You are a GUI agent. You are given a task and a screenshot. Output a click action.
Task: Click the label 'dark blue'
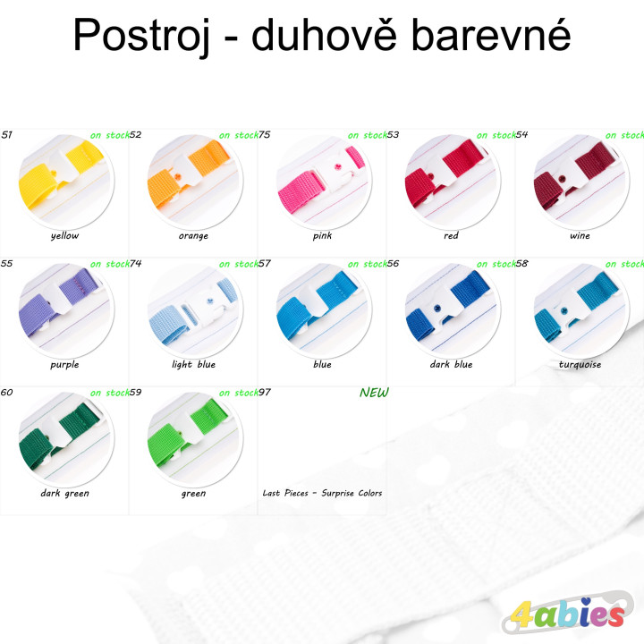[x=451, y=365]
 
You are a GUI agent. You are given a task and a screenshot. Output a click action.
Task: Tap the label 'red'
[x=451, y=236]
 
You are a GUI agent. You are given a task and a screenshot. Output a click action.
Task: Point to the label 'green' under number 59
[x=193, y=494]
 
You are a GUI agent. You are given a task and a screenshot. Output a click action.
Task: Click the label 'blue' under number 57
[x=322, y=365]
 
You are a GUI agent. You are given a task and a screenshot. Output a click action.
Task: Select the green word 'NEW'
[x=374, y=393]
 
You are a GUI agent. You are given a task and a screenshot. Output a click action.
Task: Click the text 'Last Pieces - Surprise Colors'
[x=322, y=494]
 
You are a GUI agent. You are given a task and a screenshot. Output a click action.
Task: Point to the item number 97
[x=265, y=393]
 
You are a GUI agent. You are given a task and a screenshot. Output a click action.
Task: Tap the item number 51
[x=7, y=135]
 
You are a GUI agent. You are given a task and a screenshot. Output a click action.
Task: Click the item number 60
[x=7, y=393]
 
